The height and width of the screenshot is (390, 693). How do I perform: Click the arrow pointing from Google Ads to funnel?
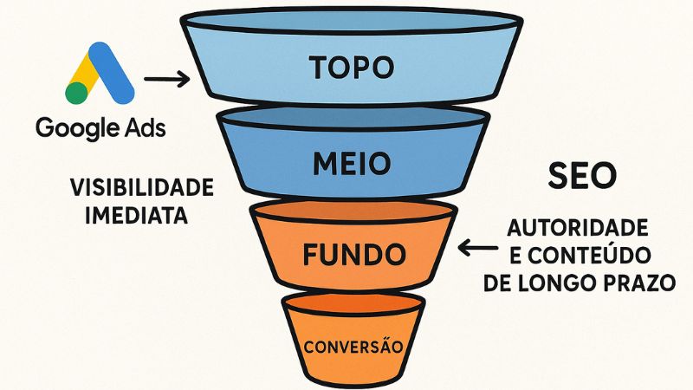167,81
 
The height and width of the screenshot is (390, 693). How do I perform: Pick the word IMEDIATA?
137,215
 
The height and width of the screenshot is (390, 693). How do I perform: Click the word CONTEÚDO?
599,257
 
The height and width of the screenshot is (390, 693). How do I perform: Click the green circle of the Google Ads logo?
76,92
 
